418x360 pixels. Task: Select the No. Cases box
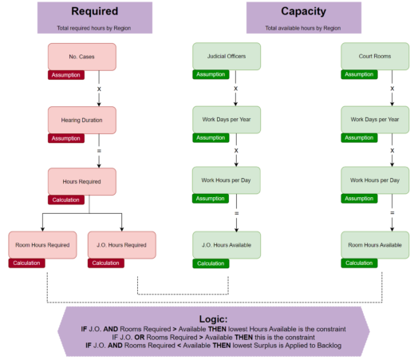pyautogui.click(x=82, y=56)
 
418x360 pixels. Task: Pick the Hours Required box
pyautogui.click(x=82, y=181)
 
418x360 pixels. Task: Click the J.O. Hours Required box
pyautogui.click(x=121, y=244)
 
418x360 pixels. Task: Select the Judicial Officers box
pyautogui.click(x=227, y=56)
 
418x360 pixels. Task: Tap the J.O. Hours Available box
pyautogui.click(x=227, y=244)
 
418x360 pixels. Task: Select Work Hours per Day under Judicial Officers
pyautogui.click(x=227, y=181)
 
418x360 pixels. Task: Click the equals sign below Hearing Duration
pyautogui.click(x=99, y=151)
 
